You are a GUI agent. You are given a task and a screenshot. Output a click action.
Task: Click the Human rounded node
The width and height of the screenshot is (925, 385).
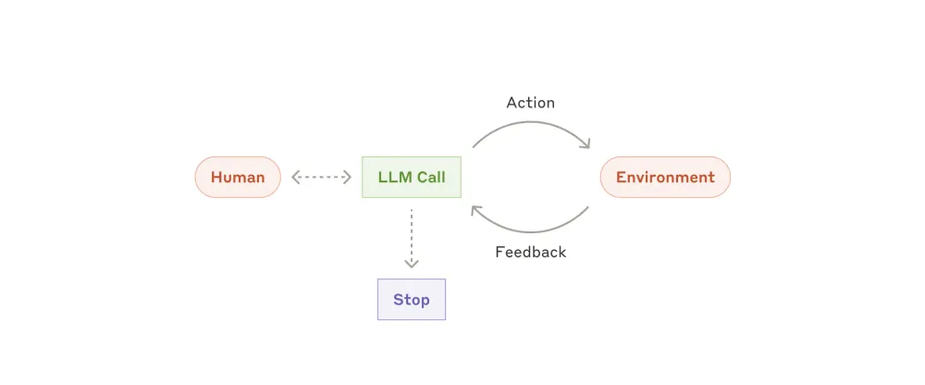[238, 177]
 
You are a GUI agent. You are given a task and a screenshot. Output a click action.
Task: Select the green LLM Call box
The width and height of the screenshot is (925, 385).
[412, 177]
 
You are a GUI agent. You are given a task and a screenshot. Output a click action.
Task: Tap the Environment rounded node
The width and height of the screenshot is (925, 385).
[665, 177]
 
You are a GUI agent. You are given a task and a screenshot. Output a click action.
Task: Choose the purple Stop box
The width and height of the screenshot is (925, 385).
[412, 299]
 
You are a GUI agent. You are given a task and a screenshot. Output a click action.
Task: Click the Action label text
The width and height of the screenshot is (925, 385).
[530, 103]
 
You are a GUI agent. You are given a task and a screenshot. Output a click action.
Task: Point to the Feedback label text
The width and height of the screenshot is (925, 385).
[530, 252]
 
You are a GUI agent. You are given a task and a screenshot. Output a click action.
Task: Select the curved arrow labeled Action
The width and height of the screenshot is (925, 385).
[530, 125]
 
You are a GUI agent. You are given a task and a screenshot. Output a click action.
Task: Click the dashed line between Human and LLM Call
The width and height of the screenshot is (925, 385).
[322, 177]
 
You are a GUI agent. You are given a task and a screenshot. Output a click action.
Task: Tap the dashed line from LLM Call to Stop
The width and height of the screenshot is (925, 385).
[412, 236]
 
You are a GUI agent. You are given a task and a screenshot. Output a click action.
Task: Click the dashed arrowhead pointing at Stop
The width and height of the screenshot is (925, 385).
[412, 264]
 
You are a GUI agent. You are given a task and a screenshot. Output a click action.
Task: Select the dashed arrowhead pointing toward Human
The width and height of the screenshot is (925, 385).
[295, 177]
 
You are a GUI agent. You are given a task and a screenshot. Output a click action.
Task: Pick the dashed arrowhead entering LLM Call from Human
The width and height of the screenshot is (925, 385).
[349, 177]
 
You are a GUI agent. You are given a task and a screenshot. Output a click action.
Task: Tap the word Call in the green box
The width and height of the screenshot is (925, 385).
[430, 177]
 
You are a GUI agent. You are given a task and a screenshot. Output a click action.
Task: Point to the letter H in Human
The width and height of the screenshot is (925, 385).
[216, 177]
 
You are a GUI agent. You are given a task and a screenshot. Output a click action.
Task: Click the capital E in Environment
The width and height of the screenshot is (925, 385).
[621, 177]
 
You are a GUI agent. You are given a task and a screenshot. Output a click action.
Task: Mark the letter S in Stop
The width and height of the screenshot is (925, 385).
[398, 299]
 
